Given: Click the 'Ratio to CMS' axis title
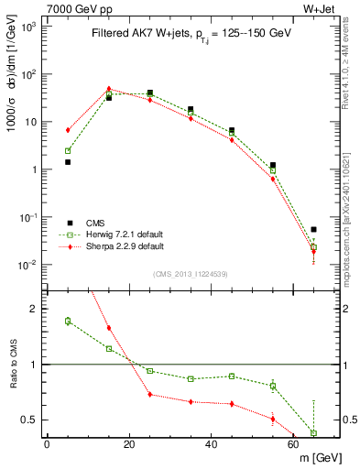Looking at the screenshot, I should (11, 365).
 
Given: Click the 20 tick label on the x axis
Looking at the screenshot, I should (129, 444).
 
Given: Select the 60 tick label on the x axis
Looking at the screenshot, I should (294, 444).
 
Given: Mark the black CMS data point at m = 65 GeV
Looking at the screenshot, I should (313, 230).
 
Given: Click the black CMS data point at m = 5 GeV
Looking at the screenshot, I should (68, 162).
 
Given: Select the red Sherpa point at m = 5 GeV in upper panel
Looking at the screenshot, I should (68, 130).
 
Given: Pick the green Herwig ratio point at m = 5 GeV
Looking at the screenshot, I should (68, 321).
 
